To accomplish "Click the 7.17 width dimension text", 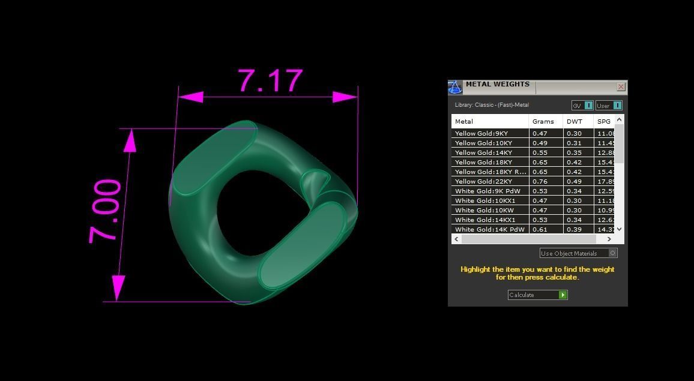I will pyautogui.click(x=270, y=81).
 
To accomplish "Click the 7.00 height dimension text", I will pyautogui.click(x=106, y=211).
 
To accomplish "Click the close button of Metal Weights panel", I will pyautogui.click(x=621, y=87).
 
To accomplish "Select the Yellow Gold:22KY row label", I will pyautogui.click(x=483, y=181).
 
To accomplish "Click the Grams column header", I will pyautogui.click(x=543, y=121).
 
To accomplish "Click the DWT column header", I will pyautogui.click(x=575, y=121).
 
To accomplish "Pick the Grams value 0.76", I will pyautogui.click(x=540, y=181).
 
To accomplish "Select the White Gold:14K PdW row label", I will pyautogui.click(x=489, y=229).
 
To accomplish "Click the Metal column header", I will pyautogui.click(x=464, y=121).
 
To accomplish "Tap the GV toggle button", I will pyautogui.click(x=582, y=106).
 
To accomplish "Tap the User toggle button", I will pyautogui.click(x=609, y=106).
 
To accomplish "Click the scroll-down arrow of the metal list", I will pyautogui.click(x=620, y=229).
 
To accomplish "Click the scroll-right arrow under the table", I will pyautogui.click(x=609, y=239).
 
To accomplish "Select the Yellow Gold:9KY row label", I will pyautogui.click(x=481, y=133).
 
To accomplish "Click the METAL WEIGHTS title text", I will pyautogui.click(x=497, y=85).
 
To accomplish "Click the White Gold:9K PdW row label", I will pyautogui.click(x=487, y=191).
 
